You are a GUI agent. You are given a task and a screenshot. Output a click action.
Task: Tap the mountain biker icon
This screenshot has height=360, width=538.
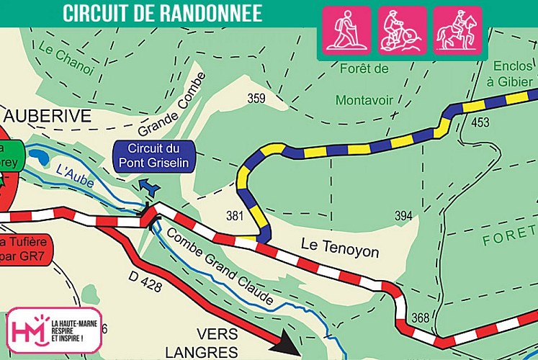pos(402,31)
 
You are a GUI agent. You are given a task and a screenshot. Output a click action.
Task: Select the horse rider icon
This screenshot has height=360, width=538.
pos(457,31)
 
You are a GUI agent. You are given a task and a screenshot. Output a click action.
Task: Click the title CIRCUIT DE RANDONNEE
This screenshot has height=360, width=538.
pos(162,13)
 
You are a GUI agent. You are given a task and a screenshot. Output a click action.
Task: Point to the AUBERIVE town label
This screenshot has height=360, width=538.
pos(48,116)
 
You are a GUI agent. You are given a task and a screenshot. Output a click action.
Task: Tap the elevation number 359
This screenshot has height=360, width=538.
pos(256,99)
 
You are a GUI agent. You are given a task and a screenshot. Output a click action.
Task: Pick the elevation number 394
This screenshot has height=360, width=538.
pos(404,216)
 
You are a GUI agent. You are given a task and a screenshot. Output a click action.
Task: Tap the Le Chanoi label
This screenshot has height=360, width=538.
pos(66,60)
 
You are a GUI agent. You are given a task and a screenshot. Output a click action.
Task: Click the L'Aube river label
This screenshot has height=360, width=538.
pos(75,178)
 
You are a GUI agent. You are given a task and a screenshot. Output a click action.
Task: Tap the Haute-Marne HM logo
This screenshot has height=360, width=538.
pos(53,332)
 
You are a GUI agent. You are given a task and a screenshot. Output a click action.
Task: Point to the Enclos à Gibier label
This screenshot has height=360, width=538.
pos(511,73)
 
